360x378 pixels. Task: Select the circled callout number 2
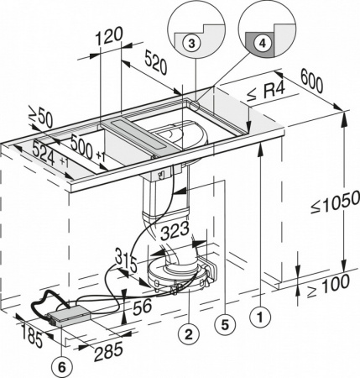190,334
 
